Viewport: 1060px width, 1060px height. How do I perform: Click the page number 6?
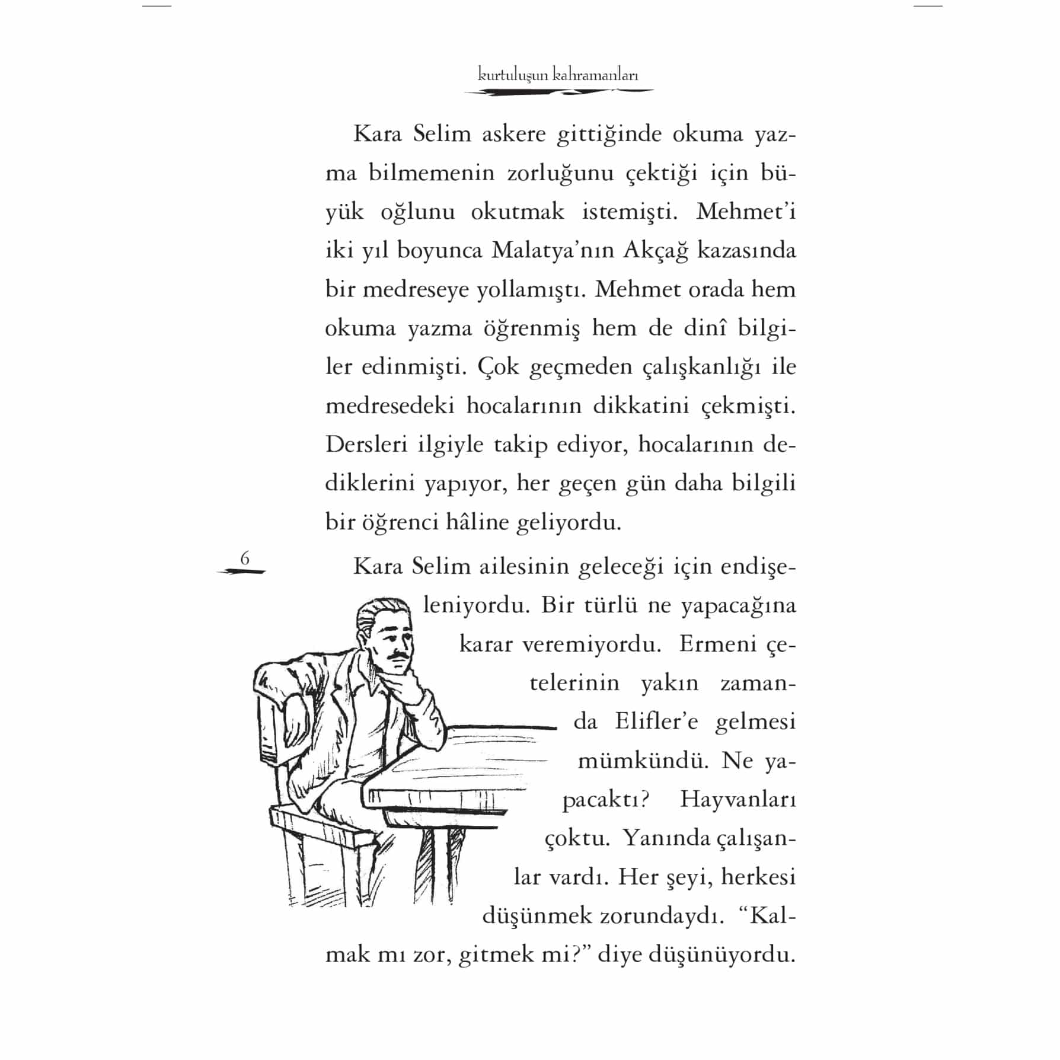click(x=244, y=558)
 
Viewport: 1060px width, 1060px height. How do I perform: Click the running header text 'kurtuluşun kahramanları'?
click(x=558, y=75)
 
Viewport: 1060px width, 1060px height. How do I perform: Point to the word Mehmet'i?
click(x=745, y=212)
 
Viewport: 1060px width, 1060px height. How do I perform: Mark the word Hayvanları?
click(x=737, y=800)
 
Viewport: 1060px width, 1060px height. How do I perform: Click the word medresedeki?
click(x=390, y=406)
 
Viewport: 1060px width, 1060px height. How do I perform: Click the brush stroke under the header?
click(x=558, y=92)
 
